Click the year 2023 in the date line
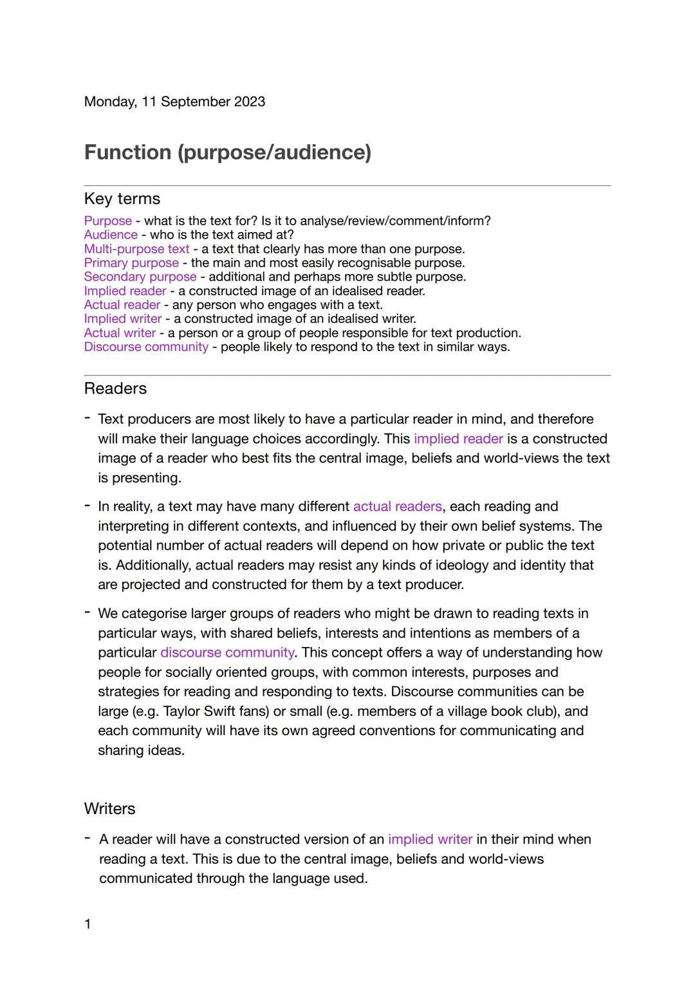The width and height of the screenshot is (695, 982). pos(249,102)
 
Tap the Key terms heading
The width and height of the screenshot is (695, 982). pos(122,199)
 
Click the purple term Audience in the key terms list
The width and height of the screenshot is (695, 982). pos(111,235)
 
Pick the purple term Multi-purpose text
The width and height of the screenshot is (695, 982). pos(136,249)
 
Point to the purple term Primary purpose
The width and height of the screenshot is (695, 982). pos(131,263)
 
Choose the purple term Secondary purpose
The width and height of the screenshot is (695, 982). pos(140,277)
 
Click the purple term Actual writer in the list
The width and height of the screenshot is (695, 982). pos(120,333)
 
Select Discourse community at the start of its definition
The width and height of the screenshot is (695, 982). pos(146,347)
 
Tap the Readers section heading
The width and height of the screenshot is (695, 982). pos(115,388)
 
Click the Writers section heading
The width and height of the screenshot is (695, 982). pos(109,808)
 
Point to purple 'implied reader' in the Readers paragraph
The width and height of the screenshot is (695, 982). pos(458,439)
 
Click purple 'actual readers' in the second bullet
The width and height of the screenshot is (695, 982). pos(397,507)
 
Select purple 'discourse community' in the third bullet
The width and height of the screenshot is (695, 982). pos(227,653)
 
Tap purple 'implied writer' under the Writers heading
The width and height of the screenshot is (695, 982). pos(430,839)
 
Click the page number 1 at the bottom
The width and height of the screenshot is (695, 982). pos(88,924)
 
